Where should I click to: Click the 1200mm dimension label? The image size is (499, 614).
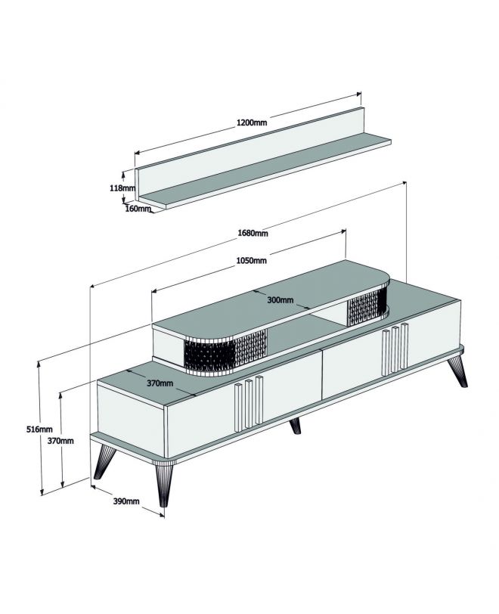click(252, 122)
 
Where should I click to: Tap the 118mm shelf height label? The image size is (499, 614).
click(122, 188)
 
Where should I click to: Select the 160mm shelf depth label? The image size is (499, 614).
click(138, 209)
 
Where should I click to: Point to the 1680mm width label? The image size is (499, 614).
click(253, 233)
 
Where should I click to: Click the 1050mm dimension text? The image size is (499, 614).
click(252, 260)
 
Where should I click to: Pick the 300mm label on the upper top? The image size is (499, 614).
click(280, 300)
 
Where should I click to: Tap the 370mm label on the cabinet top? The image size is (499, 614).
click(160, 383)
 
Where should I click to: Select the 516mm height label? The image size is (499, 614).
click(39, 429)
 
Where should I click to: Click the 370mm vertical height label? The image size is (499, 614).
click(60, 441)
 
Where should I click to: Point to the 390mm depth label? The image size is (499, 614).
click(126, 501)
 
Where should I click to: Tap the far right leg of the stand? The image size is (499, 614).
click(458, 370)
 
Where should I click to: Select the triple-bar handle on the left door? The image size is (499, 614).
click(249, 403)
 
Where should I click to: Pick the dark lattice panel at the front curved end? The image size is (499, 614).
click(225, 352)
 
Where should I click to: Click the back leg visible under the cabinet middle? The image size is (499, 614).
click(296, 426)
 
